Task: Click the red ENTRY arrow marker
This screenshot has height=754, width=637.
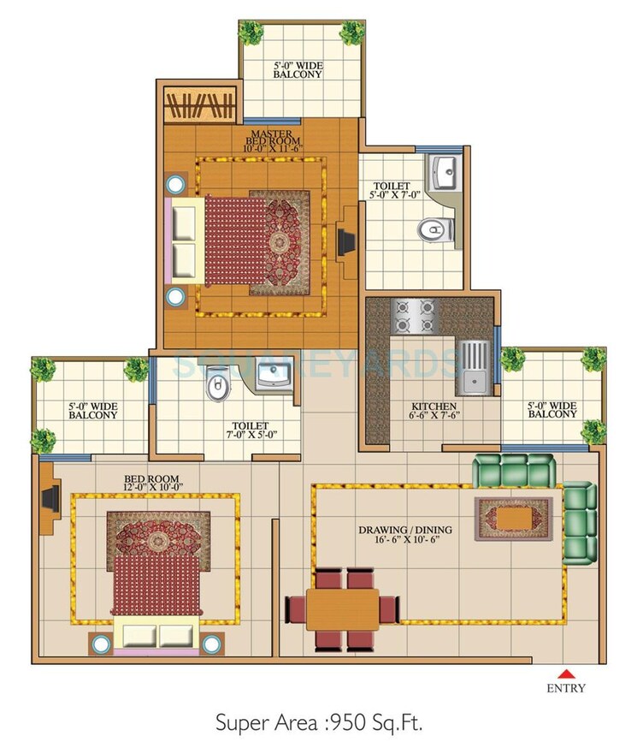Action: click(567, 672)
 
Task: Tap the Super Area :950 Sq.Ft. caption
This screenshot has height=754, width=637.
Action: click(318, 723)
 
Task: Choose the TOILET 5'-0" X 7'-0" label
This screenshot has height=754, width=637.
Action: click(392, 191)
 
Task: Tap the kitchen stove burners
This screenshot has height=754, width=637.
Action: click(414, 315)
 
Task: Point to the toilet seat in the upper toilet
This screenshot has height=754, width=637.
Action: click(435, 229)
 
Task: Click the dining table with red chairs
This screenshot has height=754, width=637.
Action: click(342, 609)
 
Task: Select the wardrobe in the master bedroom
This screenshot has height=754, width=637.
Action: click(198, 107)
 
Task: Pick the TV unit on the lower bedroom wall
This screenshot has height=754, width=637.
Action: click(48, 497)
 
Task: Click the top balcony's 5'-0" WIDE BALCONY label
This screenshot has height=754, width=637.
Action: click(298, 69)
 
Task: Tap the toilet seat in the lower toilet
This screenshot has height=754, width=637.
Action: click(220, 386)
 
